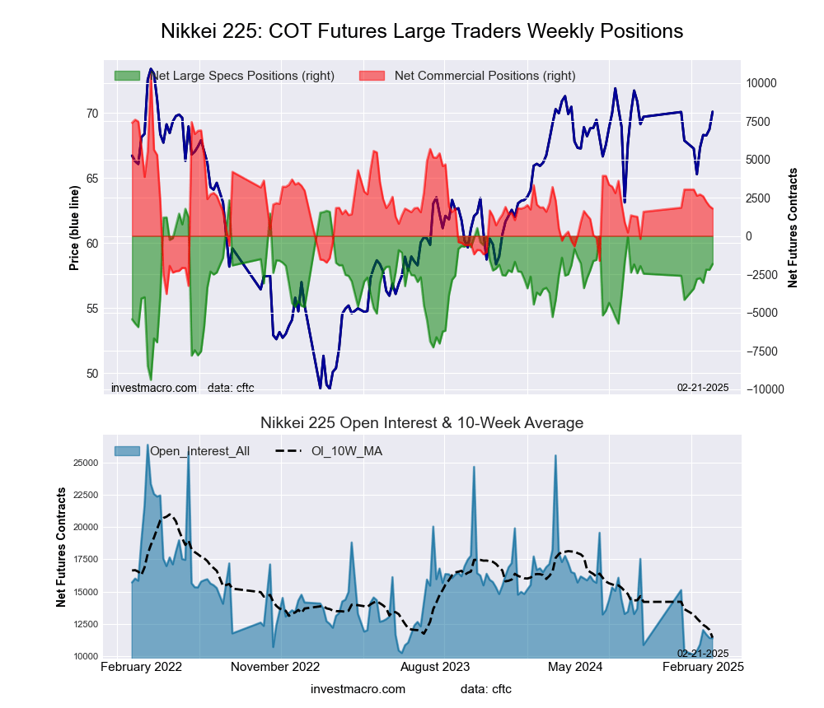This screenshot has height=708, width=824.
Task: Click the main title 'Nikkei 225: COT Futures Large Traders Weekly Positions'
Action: [422, 31]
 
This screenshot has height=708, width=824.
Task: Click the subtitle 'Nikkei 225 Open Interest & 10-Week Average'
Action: [422, 423]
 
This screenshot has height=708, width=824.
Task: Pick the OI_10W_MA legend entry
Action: [346, 450]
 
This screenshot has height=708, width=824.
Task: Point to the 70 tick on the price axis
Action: [92, 114]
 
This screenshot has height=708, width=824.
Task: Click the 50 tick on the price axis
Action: [92, 374]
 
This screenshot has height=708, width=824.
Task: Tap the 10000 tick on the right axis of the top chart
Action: [762, 83]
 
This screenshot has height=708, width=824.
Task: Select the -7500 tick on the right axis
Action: [762, 352]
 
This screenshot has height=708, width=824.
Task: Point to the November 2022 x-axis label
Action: [274, 667]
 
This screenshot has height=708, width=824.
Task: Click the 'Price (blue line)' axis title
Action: [74, 228]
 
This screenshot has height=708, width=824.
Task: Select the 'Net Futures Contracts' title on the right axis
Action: [794, 228]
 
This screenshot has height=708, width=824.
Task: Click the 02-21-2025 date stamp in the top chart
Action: [703, 388]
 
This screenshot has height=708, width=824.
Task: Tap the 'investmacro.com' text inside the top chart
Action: [154, 388]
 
